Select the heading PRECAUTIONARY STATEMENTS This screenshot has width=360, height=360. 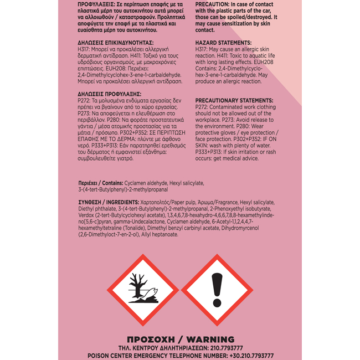coord(233,100)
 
